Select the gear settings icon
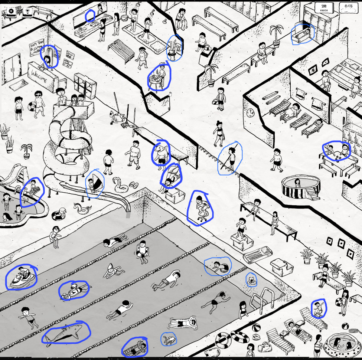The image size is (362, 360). coord(11,12)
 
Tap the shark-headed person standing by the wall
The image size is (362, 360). coord(161,153)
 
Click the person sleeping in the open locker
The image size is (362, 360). coord(302,34)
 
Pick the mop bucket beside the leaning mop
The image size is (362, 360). coord(119,118)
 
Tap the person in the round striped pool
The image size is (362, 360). coord(297,183)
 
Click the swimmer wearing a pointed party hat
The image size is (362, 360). coord(111,271)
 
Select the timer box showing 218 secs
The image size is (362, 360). coord(324,7)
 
